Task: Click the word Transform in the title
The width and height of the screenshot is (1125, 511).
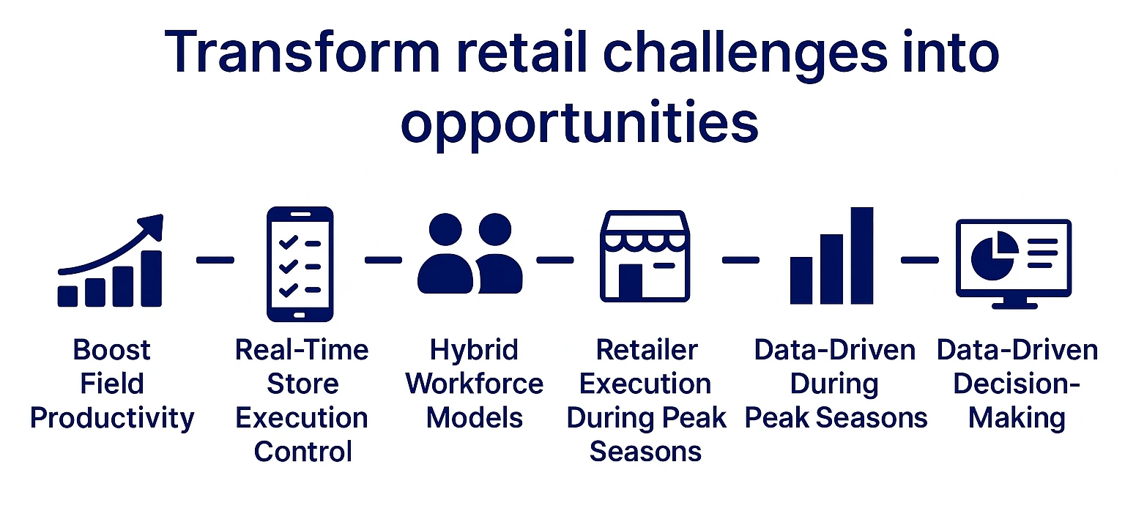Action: point(302,53)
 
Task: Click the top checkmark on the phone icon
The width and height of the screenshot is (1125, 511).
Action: point(289,243)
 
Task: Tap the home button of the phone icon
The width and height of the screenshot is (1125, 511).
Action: point(300,316)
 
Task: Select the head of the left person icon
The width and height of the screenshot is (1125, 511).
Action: point(445,229)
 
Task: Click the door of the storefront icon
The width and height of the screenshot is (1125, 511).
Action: point(631,282)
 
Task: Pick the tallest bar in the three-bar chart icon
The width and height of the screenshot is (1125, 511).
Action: point(862,255)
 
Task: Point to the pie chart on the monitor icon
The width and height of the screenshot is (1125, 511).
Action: point(994,255)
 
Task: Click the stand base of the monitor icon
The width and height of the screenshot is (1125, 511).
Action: point(1014,305)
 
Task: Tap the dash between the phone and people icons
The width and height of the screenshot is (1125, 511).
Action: point(383,260)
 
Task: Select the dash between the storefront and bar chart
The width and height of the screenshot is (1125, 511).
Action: point(740,260)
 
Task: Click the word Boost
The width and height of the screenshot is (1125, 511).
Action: point(111,350)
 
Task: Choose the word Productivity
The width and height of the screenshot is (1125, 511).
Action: point(112,418)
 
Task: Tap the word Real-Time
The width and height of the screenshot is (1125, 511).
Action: point(302,350)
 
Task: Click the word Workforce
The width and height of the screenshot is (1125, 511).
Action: point(475,384)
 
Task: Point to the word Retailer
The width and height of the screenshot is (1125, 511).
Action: point(647,350)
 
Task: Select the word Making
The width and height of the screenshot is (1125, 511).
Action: point(1017,418)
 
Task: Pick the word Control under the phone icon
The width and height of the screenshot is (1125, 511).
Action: point(302,452)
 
